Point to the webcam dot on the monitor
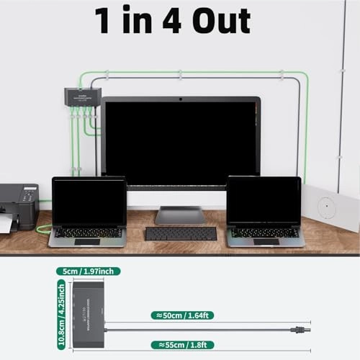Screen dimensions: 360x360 coord(180,99)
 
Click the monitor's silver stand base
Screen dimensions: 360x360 coord(180,215)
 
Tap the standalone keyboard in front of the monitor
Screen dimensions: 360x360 coord(181,233)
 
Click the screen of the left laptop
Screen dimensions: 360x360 coord(88,202)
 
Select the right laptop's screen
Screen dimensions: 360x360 coord(264,201)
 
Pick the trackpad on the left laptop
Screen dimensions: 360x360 coord(86,241)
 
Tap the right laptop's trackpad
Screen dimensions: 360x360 coord(266,240)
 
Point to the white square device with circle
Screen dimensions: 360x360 coord(330,207)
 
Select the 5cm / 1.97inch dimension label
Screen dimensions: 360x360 coord(87,271)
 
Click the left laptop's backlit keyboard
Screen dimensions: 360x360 coord(86,232)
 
